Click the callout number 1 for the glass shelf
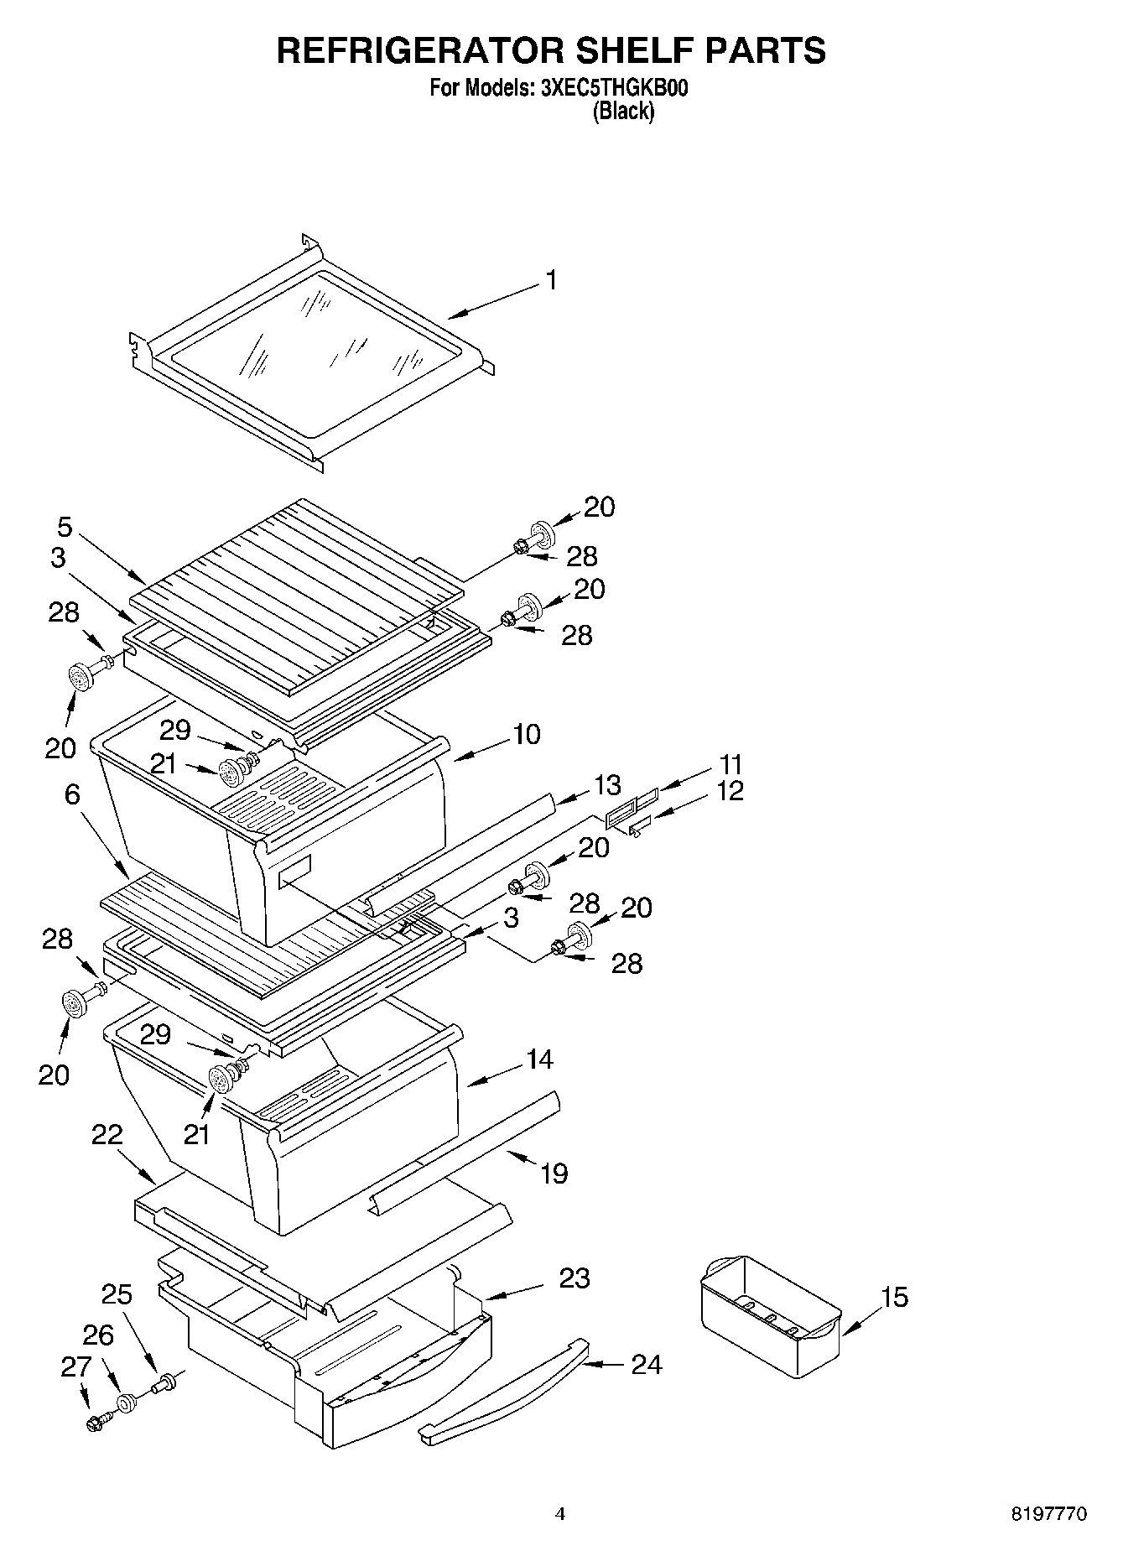[x=551, y=280]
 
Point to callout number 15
[x=895, y=1298]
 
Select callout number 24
[x=646, y=1365]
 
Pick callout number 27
[x=75, y=1367]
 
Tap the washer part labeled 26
[x=127, y=1402]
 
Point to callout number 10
[x=526, y=734]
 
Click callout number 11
[x=730, y=764]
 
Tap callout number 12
[x=730, y=790]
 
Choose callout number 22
[x=107, y=1135]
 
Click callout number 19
[x=554, y=1173]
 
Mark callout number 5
[x=65, y=527]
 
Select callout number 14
[x=539, y=1059]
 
